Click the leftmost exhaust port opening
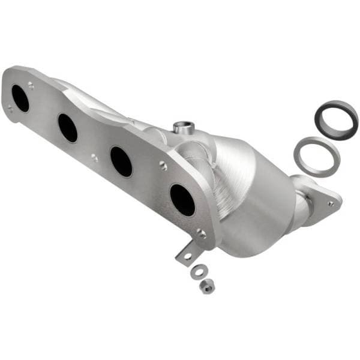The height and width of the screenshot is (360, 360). pos(20,98)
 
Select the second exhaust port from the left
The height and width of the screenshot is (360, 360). pos(68,127)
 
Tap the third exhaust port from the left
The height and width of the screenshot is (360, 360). pos(121,161)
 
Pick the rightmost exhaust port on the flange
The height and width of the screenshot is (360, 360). pos(182,199)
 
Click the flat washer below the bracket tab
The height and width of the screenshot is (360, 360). pos(196,272)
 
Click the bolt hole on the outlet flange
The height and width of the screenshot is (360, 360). pos(331,203)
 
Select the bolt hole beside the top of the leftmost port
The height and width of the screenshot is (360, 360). pos(31,86)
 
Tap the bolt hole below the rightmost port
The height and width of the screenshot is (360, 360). pos(202,235)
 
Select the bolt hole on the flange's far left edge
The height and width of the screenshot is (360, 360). pos(10,109)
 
